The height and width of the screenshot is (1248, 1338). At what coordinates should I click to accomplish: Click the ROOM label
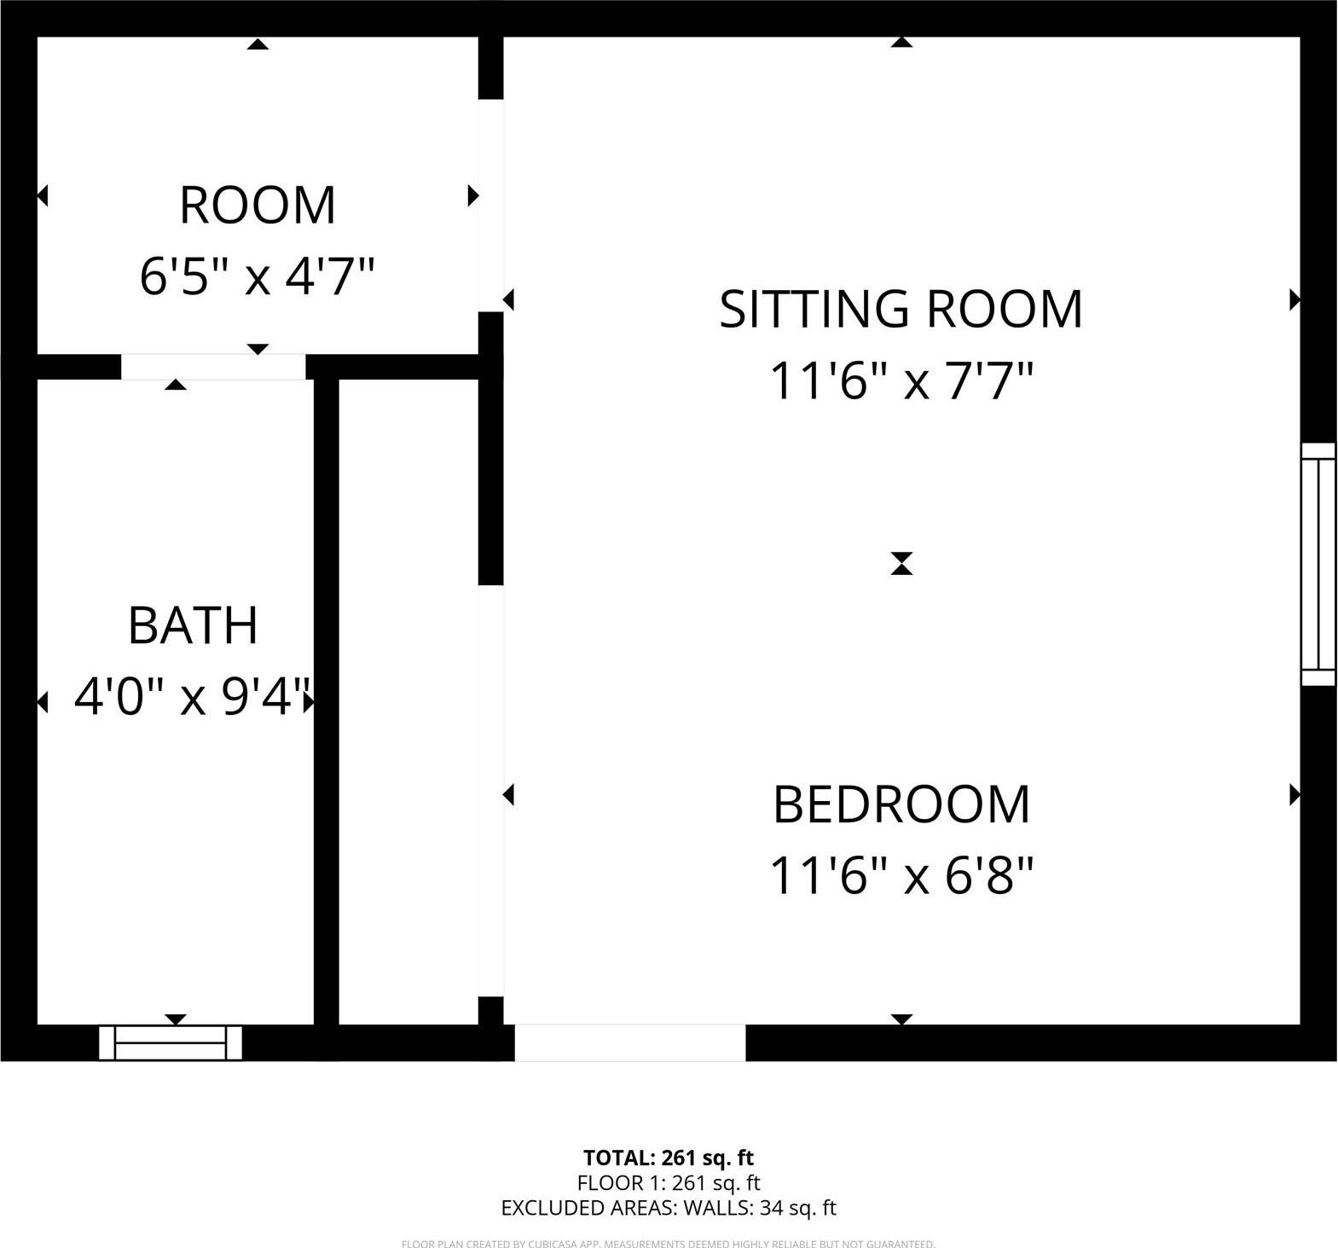pyautogui.click(x=258, y=206)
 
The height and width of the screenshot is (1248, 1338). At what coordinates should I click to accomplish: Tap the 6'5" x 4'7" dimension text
pyautogui.click(x=258, y=276)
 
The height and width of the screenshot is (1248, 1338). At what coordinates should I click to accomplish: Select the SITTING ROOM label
pyautogui.click(x=901, y=309)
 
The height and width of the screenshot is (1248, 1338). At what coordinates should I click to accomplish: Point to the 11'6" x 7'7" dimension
pyautogui.click(x=901, y=380)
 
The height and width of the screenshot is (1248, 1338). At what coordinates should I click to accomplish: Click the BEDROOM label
pyautogui.click(x=901, y=804)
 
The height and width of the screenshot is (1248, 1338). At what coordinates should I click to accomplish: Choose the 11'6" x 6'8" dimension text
pyautogui.click(x=901, y=876)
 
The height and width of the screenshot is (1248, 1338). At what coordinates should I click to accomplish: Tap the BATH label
pyautogui.click(x=193, y=625)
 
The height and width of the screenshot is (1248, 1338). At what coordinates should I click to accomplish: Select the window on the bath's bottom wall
pyautogui.click(x=171, y=1042)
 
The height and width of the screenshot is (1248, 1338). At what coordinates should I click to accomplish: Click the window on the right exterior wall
pyautogui.click(x=1318, y=564)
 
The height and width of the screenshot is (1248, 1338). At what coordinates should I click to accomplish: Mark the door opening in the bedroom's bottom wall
pyautogui.click(x=630, y=1042)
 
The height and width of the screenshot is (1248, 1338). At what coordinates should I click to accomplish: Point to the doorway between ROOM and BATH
pyautogui.click(x=212, y=367)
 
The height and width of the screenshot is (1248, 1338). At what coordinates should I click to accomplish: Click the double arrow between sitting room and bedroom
pyautogui.click(x=901, y=564)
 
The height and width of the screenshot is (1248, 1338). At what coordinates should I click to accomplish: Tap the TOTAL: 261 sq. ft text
pyautogui.click(x=669, y=1158)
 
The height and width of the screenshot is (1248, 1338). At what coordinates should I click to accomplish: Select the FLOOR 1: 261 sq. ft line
pyautogui.click(x=669, y=1183)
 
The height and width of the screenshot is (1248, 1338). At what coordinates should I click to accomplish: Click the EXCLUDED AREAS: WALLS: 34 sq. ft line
pyautogui.click(x=669, y=1208)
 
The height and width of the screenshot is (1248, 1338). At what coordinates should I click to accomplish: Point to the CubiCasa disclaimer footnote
pyautogui.click(x=669, y=1244)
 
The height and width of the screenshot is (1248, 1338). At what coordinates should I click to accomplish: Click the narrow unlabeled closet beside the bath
pyautogui.click(x=408, y=699)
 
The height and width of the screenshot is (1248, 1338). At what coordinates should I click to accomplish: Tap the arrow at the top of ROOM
pyautogui.click(x=258, y=44)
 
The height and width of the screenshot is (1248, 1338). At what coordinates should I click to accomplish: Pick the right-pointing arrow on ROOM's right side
pyautogui.click(x=473, y=196)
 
